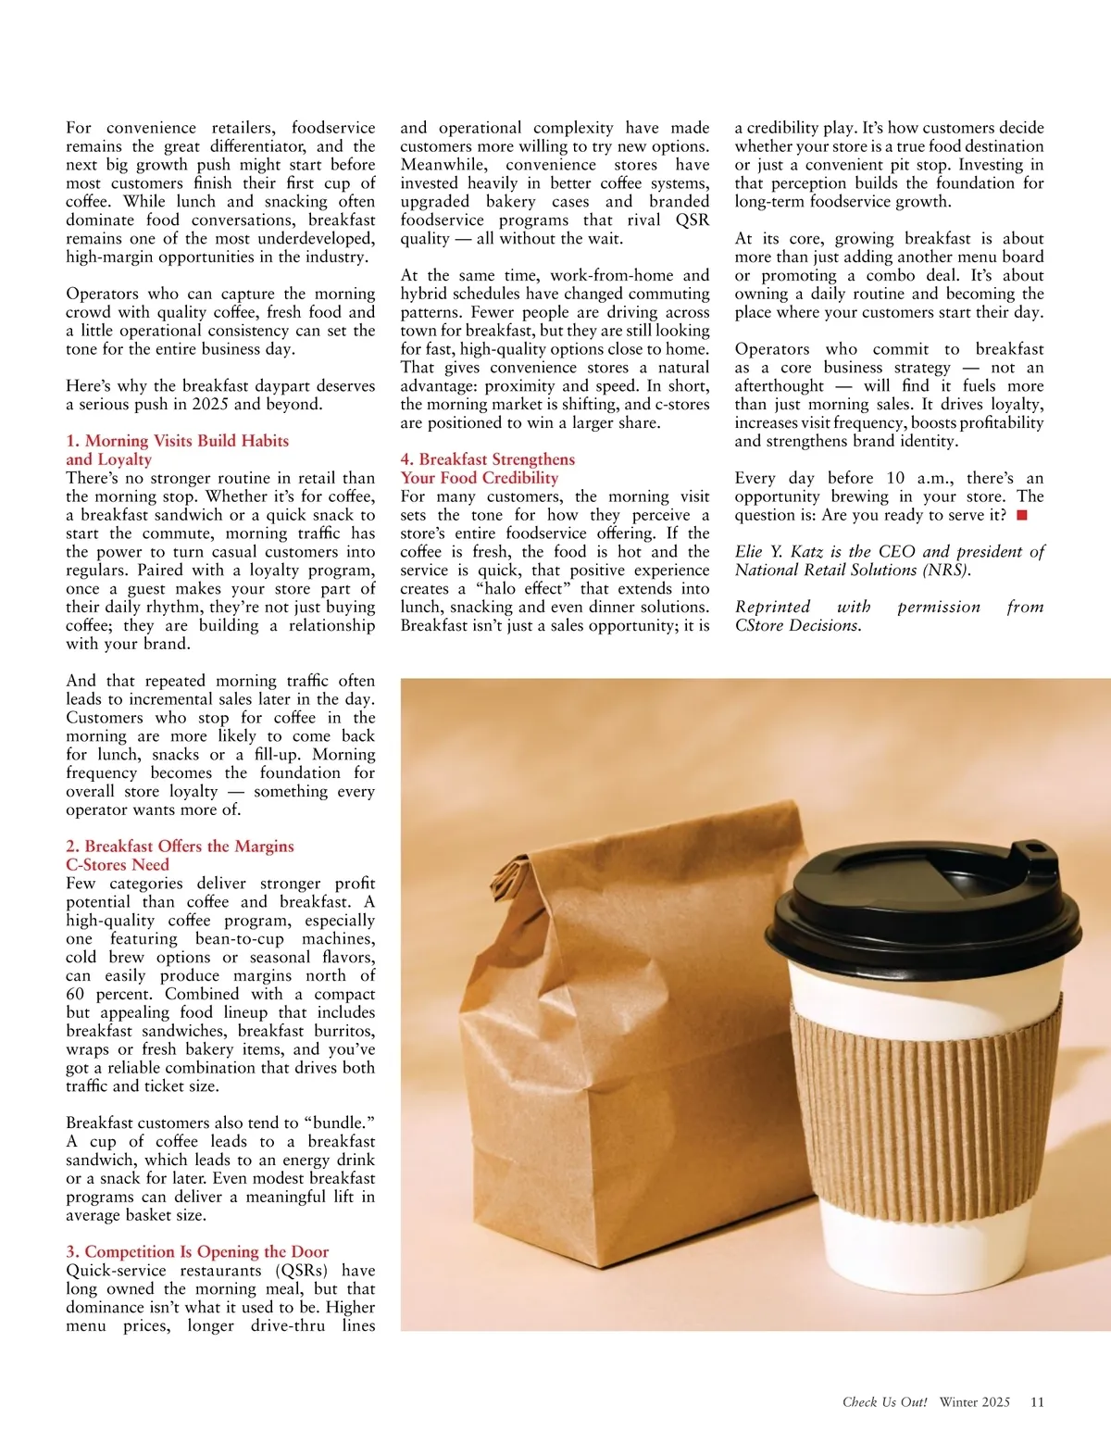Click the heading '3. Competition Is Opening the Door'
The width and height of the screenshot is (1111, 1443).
(197, 1251)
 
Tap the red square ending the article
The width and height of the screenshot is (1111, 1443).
(1022, 515)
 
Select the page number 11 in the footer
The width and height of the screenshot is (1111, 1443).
(1037, 1401)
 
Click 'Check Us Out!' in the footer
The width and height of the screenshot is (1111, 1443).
(884, 1401)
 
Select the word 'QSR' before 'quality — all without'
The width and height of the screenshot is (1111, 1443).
(692, 220)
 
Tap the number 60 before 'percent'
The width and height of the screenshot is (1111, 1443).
(75, 994)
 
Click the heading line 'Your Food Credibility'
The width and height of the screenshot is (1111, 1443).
(480, 478)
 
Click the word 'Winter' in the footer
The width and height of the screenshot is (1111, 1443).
(959, 1401)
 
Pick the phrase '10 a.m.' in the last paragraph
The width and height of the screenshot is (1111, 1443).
(918, 478)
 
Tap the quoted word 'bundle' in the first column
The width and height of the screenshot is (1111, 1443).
(336, 1123)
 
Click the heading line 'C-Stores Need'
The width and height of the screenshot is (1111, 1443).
(118, 864)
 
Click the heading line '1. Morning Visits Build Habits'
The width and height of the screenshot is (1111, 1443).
(178, 441)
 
